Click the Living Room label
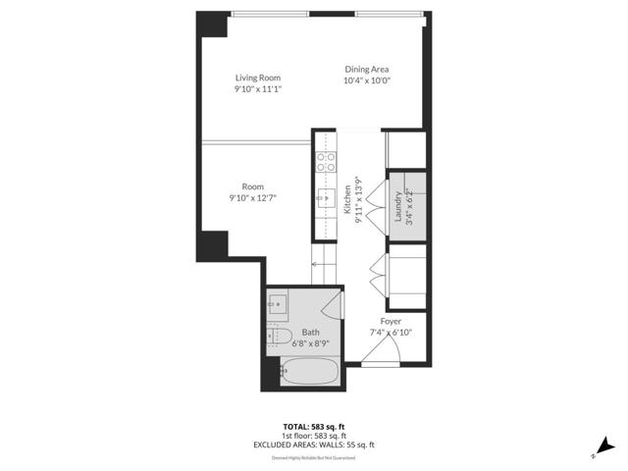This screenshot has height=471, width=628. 258,78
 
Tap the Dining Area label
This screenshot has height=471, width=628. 367,69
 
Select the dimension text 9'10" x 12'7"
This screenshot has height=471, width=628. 252,197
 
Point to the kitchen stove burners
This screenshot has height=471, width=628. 324,162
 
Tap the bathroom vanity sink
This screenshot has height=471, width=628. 278,304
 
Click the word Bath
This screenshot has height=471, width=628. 310,333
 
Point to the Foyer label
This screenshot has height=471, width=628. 391,321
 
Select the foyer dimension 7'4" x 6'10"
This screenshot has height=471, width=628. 391,333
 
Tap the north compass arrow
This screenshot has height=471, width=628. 605,445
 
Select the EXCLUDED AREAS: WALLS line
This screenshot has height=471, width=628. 314,445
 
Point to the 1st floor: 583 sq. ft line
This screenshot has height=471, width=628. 314,436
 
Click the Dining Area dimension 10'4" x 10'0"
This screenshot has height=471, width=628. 367,80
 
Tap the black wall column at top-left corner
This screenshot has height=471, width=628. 210,24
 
